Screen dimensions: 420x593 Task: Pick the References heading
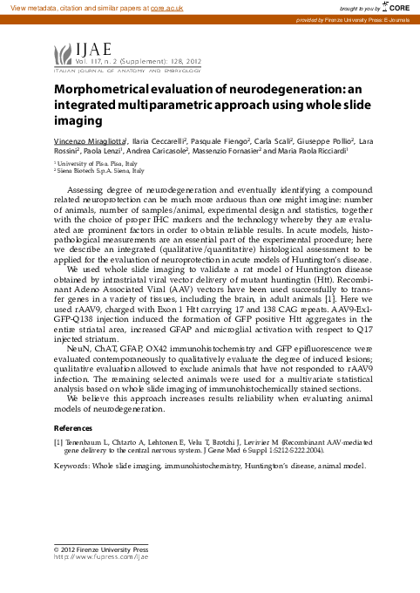74,428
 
